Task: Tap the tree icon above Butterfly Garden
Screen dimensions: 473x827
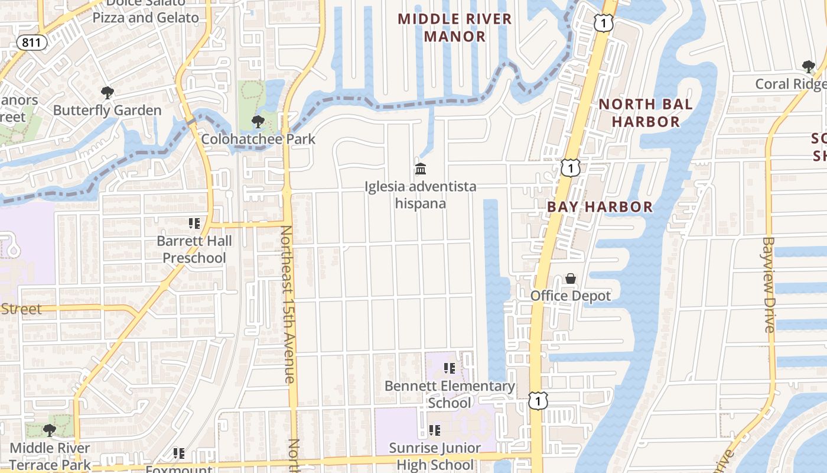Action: (107, 93)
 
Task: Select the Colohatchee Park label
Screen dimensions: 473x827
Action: (258, 140)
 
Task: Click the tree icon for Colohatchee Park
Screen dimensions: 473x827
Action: (258, 122)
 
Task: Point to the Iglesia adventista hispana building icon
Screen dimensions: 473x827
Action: (421, 170)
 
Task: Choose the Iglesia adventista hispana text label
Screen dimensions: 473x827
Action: (421, 195)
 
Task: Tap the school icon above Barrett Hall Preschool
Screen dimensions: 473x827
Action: (194, 223)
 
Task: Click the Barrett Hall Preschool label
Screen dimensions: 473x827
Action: (194, 250)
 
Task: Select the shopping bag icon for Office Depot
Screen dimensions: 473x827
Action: (571, 278)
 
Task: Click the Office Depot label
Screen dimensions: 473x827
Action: (571, 296)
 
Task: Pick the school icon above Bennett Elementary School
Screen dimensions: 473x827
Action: (450, 368)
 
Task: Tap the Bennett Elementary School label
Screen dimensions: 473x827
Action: (450, 394)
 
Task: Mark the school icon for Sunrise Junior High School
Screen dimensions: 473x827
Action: (435, 430)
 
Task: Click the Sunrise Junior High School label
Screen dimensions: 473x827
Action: (435, 456)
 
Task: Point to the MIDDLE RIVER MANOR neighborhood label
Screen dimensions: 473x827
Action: (455, 27)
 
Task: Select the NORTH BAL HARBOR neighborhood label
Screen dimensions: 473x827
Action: (645, 113)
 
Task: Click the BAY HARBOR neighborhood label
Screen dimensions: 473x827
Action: (600, 207)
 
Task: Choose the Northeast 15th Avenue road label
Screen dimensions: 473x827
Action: (288, 304)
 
